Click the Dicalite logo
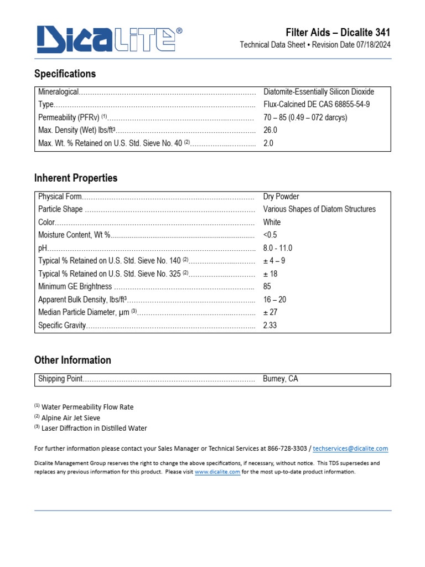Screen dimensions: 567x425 pyautogui.click(x=109, y=40)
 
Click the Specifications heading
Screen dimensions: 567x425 pyautogui.click(x=65, y=74)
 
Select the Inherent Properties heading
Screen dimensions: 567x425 pyautogui.click(x=76, y=178)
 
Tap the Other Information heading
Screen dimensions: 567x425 pyautogui.click(x=72, y=360)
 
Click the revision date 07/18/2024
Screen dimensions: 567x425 pyautogui.click(x=372, y=45)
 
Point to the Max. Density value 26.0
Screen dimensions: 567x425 pyautogui.click(x=270, y=130)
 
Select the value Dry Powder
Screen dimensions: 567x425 pyautogui.click(x=281, y=197)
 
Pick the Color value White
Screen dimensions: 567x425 pyautogui.click(x=272, y=222)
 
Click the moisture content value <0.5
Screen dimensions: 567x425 pyautogui.click(x=270, y=235)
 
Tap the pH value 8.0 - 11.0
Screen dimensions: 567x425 pyautogui.click(x=278, y=248)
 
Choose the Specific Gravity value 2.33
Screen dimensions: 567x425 pyautogui.click(x=270, y=326)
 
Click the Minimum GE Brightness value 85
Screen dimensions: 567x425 pyautogui.click(x=267, y=287)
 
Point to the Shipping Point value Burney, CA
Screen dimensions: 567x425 pyautogui.click(x=281, y=379)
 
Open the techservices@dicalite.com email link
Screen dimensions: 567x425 pyautogui.click(x=350, y=449)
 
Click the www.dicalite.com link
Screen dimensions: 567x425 pyautogui.click(x=217, y=472)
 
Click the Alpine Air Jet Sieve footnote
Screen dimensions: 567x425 pyautogui.click(x=70, y=418)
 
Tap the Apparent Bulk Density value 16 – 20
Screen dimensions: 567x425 pyautogui.click(x=274, y=300)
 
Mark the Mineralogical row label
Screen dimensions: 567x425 pyautogui.click(x=59, y=91)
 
